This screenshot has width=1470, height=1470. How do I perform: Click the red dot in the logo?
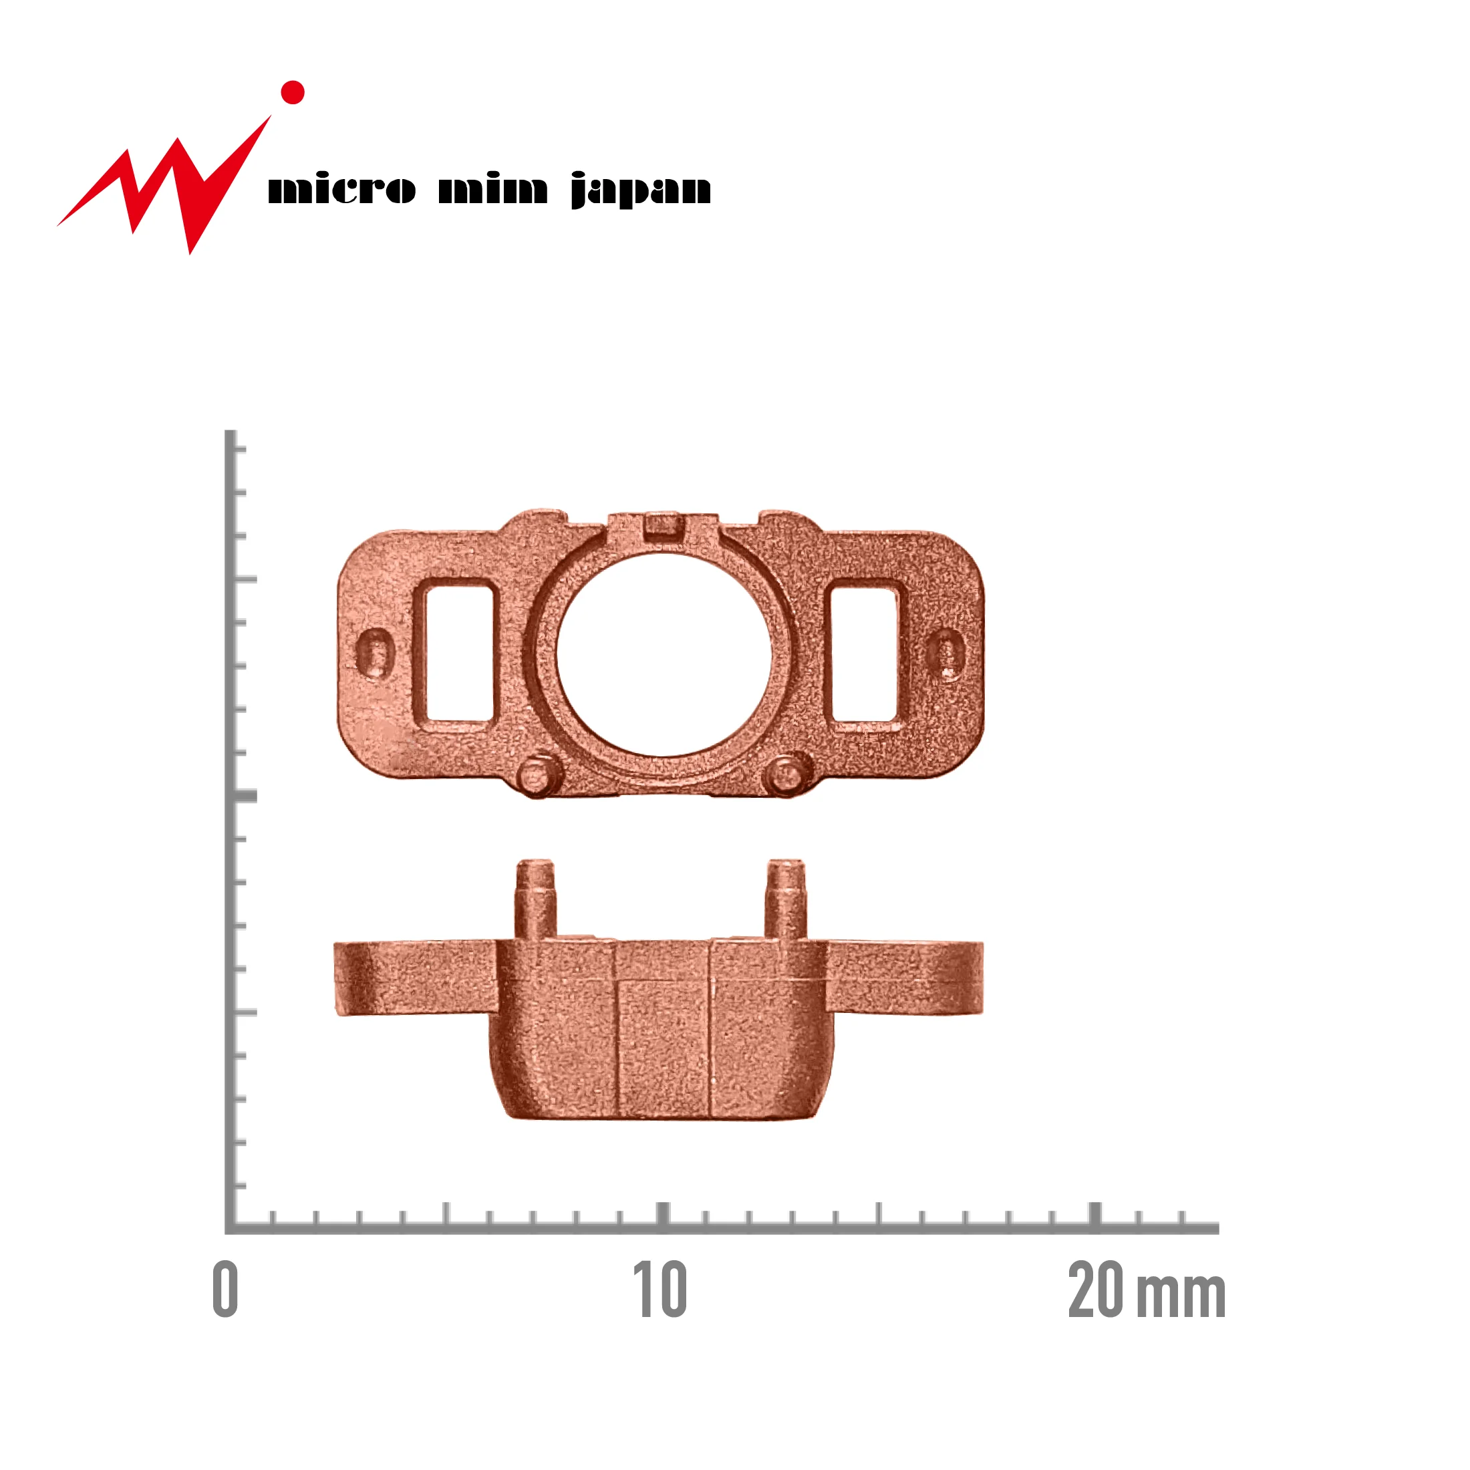pyautogui.click(x=293, y=92)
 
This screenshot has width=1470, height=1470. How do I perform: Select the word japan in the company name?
pyautogui.click(x=641, y=190)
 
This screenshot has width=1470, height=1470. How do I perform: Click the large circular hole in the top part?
pyautogui.click(x=664, y=655)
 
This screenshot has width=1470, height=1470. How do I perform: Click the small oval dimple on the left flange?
pyautogui.click(x=375, y=653)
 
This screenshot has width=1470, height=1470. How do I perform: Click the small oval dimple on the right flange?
pyautogui.click(x=945, y=653)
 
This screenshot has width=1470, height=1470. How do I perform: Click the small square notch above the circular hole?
pyautogui.click(x=661, y=527)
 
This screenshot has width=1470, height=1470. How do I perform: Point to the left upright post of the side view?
pyautogui.click(x=535, y=899)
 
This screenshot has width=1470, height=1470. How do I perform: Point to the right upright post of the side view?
pyautogui.click(x=785, y=899)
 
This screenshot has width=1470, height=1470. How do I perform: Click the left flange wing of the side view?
pyautogui.click(x=415, y=978)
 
